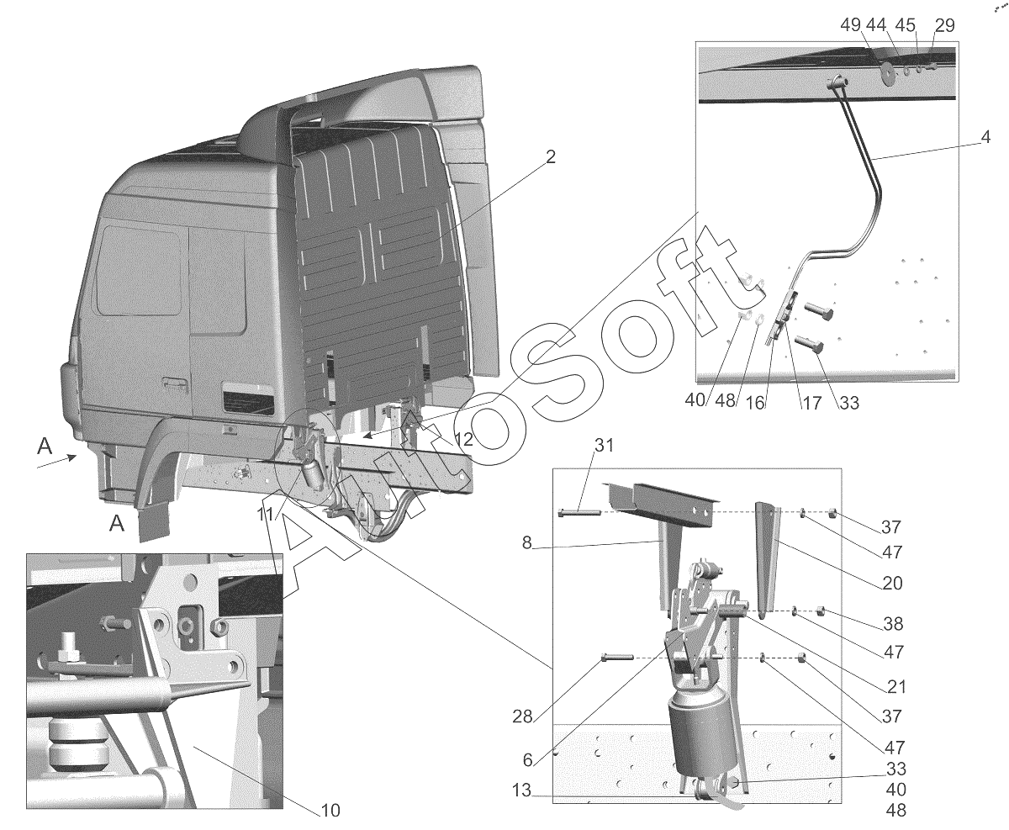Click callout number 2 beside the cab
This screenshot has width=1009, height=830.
[551, 157]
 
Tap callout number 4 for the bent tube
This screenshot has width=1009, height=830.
[985, 137]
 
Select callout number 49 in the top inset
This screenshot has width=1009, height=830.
[850, 25]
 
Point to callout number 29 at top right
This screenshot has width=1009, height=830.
[944, 25]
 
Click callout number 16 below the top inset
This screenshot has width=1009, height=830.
[755, 403]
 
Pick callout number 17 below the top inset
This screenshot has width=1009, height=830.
[811, 404]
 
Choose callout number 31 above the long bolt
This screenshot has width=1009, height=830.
[605, 446]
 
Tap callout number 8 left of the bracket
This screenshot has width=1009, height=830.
[526, 542]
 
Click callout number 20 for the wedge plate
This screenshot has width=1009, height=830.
[892, 583]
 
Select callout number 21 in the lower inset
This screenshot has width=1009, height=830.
[896, 687]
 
